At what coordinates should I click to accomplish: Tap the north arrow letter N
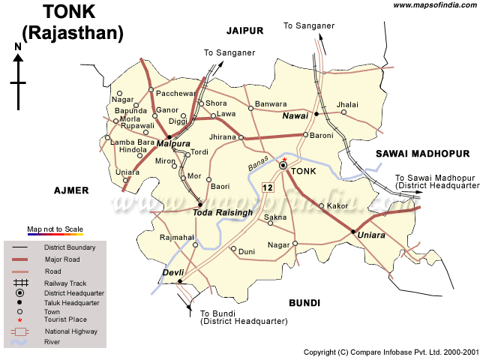pyautogui.click(x=18, y=46)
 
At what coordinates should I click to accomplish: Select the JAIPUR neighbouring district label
pyautogui.click(x=245, y=30)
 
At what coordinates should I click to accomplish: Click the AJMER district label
pyautogui.click(x=71, y=190)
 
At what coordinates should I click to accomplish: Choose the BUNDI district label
pyautogui.click(x=304, y=303)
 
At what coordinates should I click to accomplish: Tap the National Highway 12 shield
pyautogui.click(x=268, y=186)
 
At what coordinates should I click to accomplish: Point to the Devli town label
pyautogui.click(x=174, y=272)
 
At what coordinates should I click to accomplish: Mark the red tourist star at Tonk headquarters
pyautogui.click(x=284, y=159)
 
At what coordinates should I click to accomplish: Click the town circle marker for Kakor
pyautogui.click(x=322, y=205)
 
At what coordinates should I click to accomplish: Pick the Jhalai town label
pyautogui.click(x=348, y=104)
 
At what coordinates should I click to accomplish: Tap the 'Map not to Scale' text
pyautogui.click(x=55, y=229)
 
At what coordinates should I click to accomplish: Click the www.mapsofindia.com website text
pyautogui.click(x=435, y=5)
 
